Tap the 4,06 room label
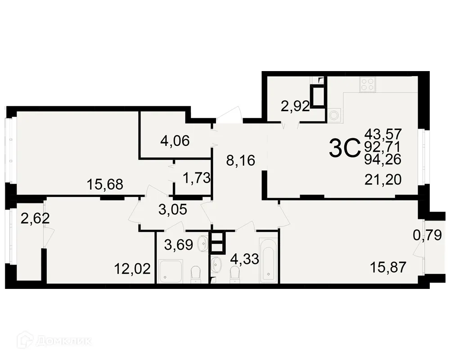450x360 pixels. [175, 141]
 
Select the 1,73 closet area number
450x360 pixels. [197, 178]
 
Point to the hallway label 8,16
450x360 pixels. [241, 160]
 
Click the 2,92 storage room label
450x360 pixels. [295, 107]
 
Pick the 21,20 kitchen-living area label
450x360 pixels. [383, 180]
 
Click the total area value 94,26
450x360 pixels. [383, 159]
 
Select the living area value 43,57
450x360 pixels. [383, 134]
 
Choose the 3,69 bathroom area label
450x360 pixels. [179, 245]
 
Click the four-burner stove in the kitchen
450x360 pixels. [367, 85]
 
